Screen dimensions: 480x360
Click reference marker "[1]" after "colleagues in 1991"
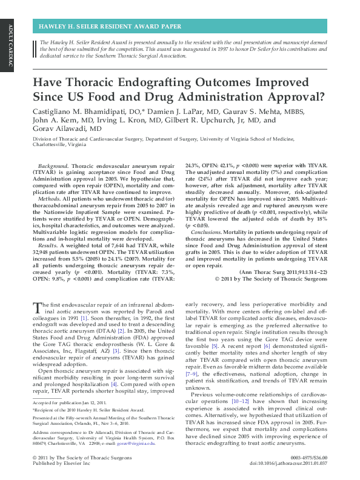[x=84, y=318]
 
